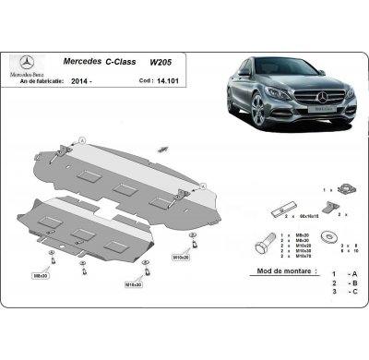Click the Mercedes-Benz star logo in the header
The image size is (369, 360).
coord(25,61)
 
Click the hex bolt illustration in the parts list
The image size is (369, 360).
coord(261,246)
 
